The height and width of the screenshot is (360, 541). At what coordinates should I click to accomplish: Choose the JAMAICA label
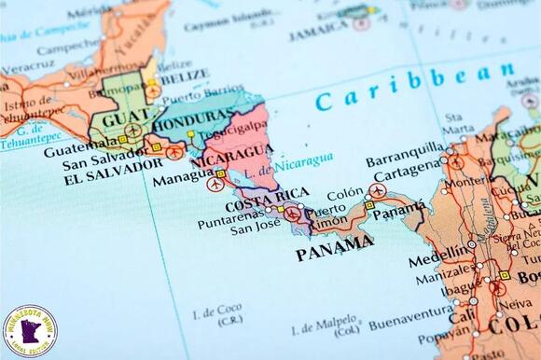pos(317,35)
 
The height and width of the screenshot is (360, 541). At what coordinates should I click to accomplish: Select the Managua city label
pos(183,177)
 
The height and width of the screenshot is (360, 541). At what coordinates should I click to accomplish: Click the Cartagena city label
pos(408,165)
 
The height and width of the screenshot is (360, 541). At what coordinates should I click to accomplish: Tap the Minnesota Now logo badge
pos(30,329)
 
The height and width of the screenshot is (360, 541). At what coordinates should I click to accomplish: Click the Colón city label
pos(344,193)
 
